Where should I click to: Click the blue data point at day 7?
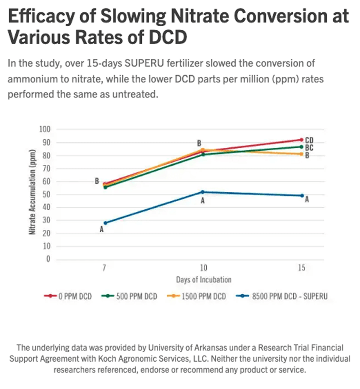click(x=105, y=223)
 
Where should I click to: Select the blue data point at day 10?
click(x=202, y=192)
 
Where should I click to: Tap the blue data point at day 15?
click(x=302, y=196)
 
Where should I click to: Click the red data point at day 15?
click(x=302, y=140)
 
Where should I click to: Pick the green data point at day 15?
click(x=302, y=147)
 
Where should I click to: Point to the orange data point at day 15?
click(x=302, y=154)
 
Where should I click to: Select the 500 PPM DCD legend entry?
click(x=129, y=296)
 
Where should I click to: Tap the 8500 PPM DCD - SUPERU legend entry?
click(x=282, y=296)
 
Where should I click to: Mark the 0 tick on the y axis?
click(x=48, y=259)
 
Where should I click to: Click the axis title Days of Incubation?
click(x=203, y=280)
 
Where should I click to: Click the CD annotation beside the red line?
click(x=309, y=141)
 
